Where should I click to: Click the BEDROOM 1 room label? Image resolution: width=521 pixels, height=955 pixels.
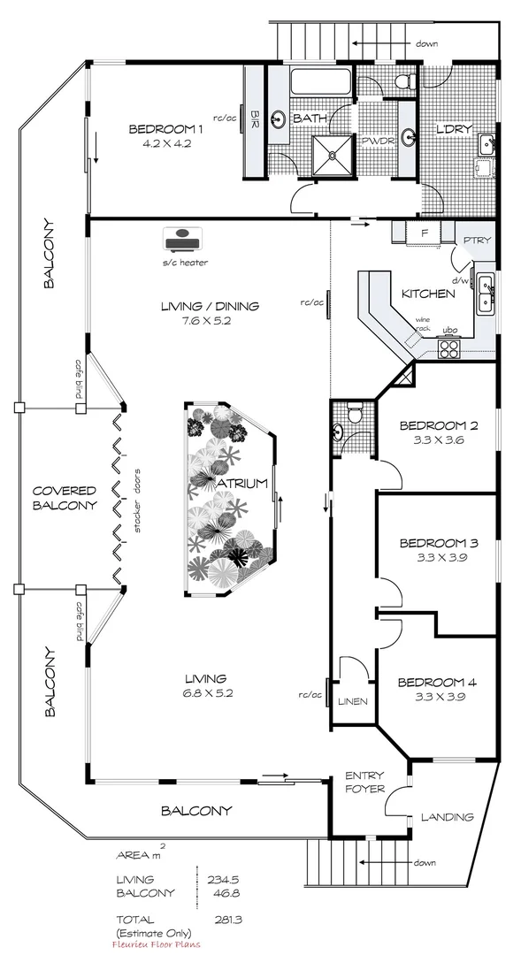[166, 129]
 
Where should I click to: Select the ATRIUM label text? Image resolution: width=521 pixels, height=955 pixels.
[233, 483]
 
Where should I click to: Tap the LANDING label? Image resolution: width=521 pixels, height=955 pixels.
[446, 817]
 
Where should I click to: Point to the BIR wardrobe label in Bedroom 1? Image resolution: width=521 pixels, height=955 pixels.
[255, 117]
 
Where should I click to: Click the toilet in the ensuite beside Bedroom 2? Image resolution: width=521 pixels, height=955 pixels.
[355, 413]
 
